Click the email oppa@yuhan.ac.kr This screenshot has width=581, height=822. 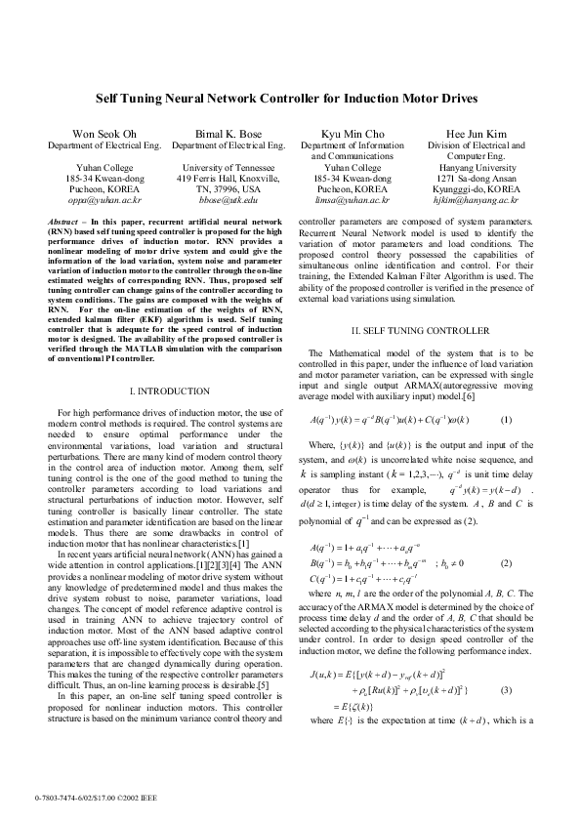(96, 199)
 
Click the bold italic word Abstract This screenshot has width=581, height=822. (64, 223)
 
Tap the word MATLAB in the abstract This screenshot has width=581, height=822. (176, 349)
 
